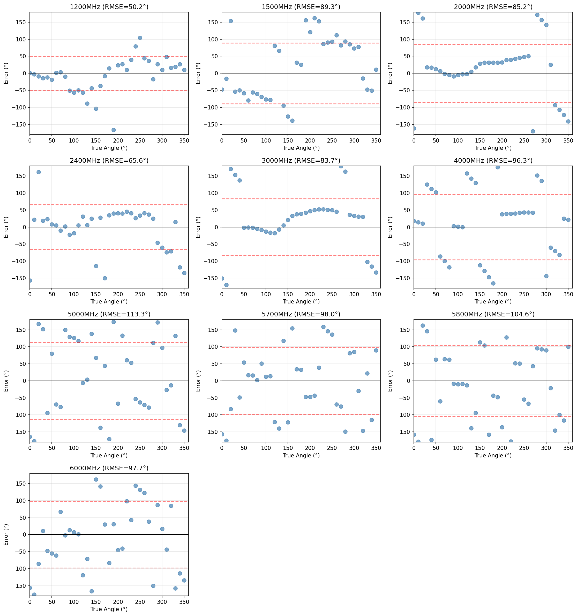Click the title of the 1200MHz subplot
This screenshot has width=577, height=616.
109,7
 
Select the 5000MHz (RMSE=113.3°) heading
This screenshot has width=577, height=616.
109,314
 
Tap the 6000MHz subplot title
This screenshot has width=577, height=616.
109,468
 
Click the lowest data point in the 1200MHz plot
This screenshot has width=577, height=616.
114,130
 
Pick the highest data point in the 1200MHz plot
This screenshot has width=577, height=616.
140,38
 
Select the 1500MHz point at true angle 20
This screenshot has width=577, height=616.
231,21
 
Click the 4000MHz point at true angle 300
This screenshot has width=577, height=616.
546,276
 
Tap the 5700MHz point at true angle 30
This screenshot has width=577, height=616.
235,330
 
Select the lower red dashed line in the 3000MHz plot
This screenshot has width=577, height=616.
301,256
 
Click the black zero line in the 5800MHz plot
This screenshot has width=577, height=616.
493,381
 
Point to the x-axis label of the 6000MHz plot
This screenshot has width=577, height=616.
109,609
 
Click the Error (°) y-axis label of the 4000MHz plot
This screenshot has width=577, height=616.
390,227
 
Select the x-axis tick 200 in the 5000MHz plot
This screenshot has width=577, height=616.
118,448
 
